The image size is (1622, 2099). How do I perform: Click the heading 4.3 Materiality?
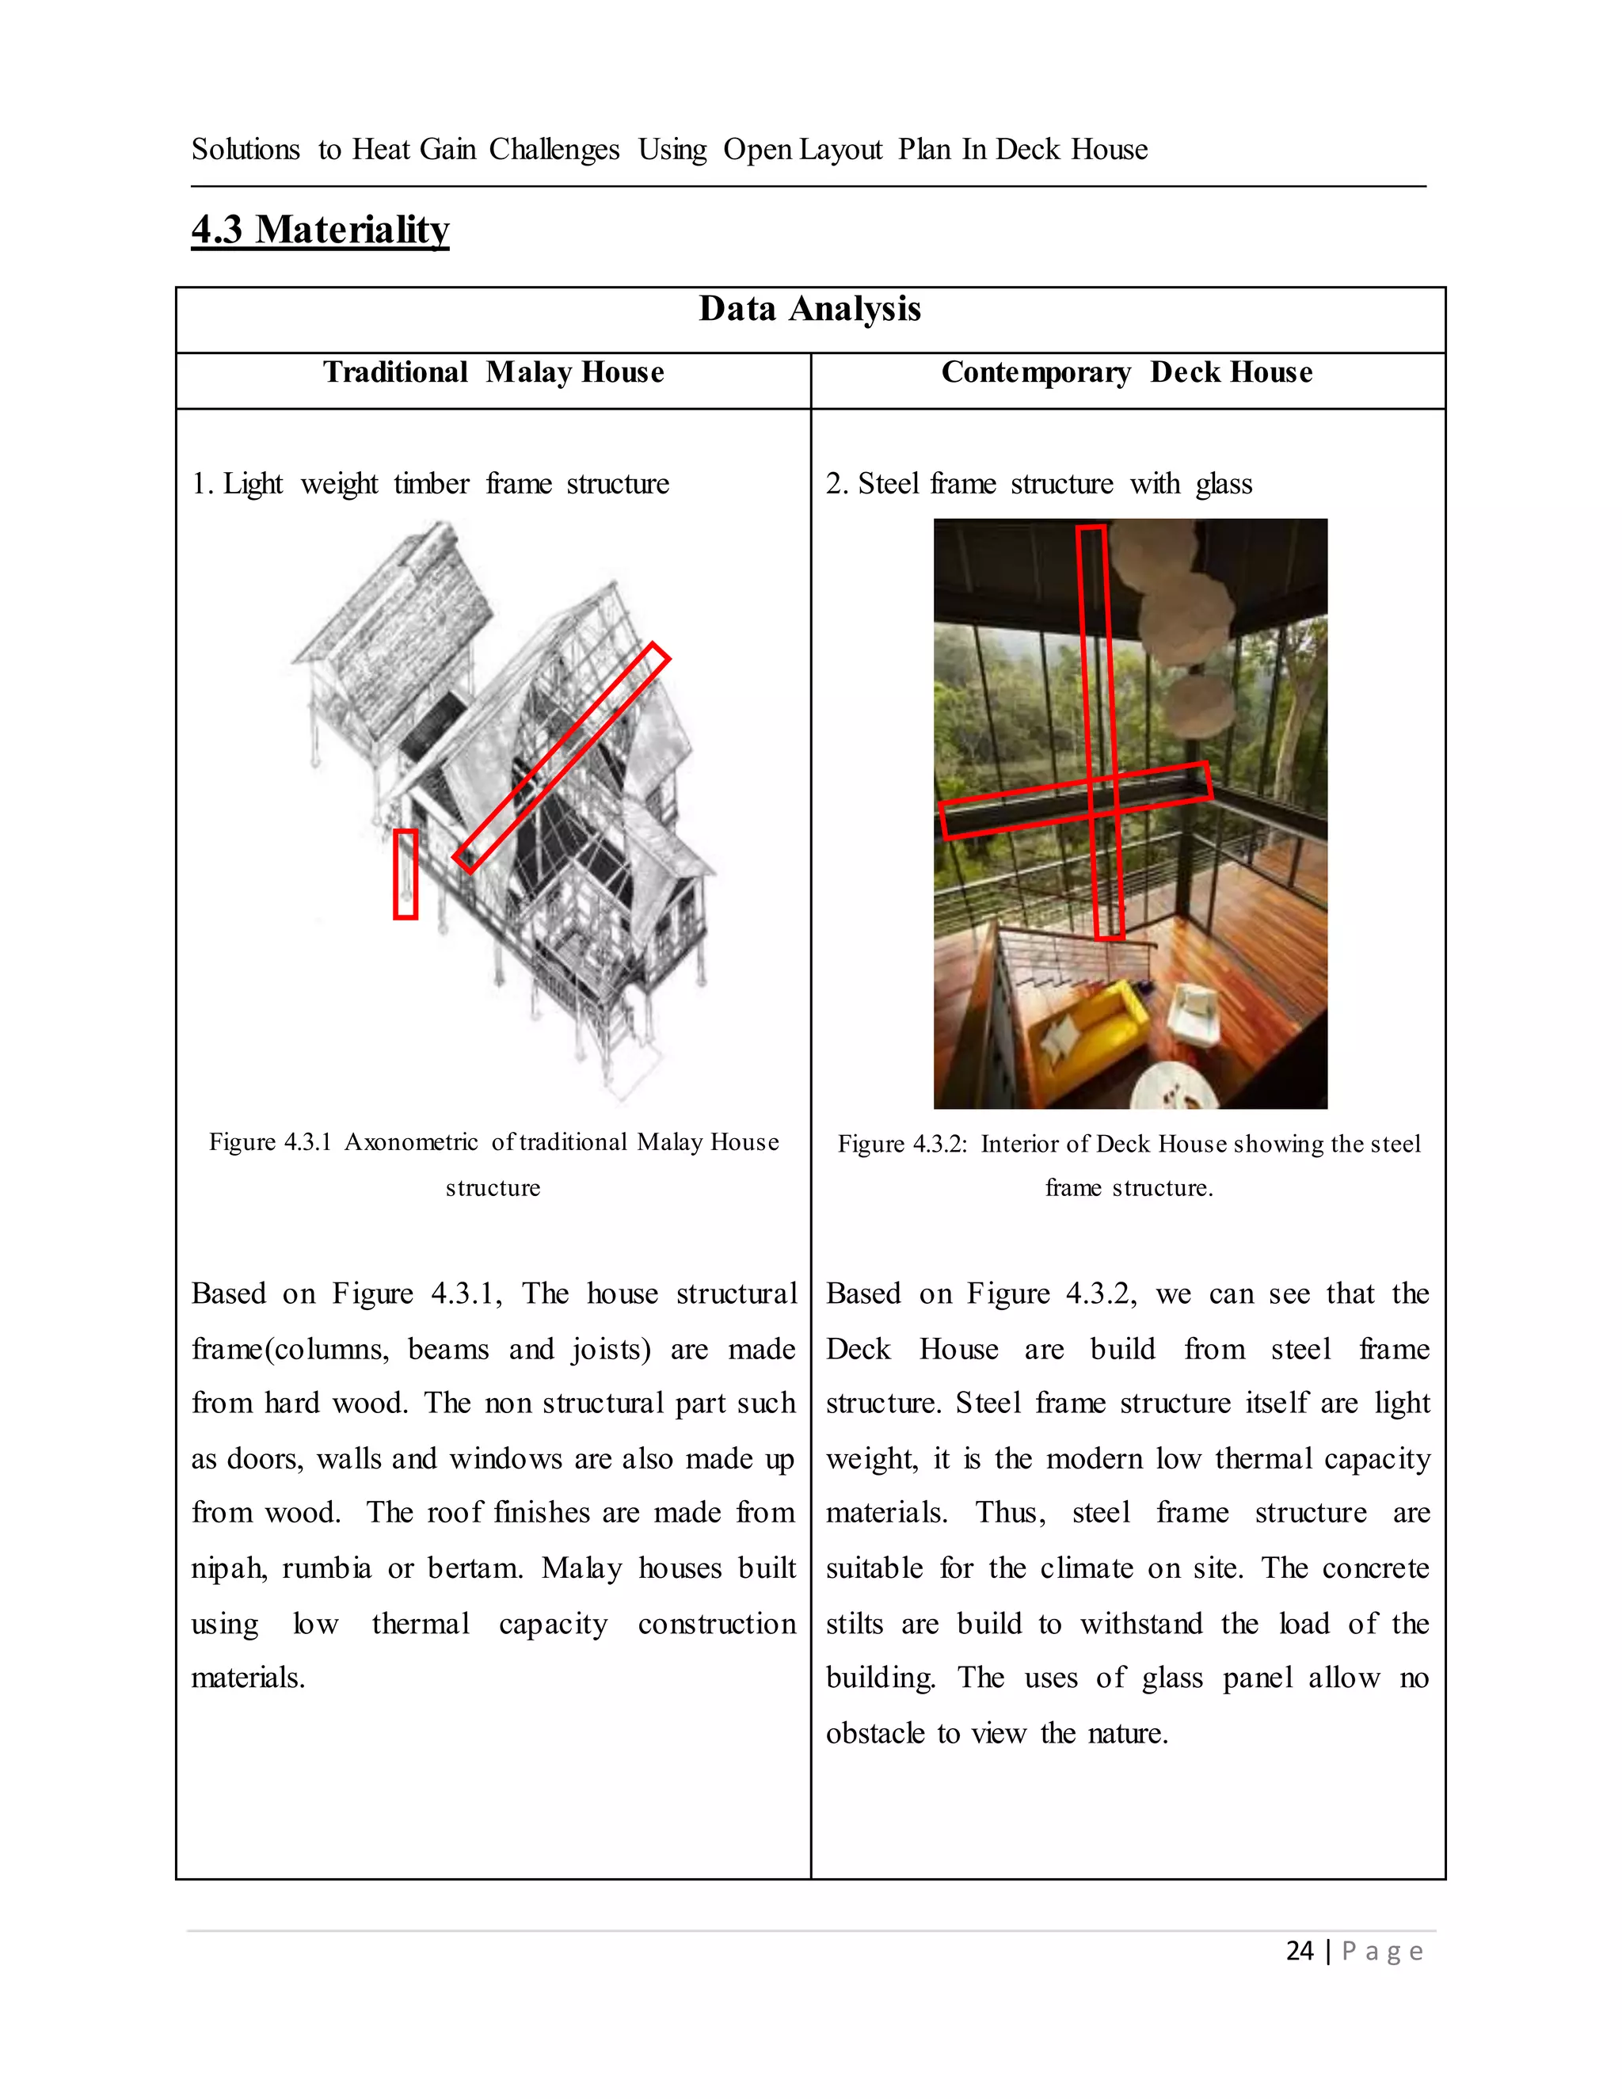(x=320, y=230)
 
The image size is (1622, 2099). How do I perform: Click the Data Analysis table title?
(x=809, y=310)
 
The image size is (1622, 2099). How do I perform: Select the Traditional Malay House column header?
(x=493, y=372)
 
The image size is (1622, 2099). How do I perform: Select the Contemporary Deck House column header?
(x=1126, y=372)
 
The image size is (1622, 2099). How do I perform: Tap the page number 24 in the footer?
(x=1299, y=1950)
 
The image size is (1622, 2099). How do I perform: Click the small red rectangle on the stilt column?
(x=405, y=874)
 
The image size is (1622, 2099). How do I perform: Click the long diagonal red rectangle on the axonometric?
(x=562, y=757)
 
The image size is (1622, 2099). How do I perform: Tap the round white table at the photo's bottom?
(x=1175, y=1086)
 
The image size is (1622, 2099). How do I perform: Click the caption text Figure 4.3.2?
(x=902, y=1144)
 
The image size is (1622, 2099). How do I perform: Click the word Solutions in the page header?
(x=245, y=150)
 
